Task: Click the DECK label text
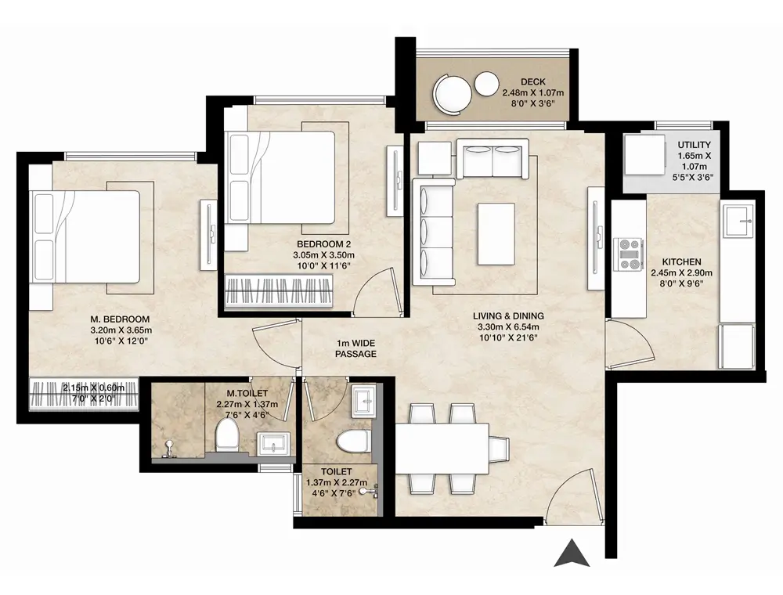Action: (532, 82)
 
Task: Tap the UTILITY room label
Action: (694, 145)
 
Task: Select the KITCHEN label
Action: (682, 262)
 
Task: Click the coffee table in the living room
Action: (496, 233)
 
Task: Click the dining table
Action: (442, 449)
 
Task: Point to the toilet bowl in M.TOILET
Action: (227, 434)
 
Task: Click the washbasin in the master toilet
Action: (273, 444)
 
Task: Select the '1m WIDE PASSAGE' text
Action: (355, 348)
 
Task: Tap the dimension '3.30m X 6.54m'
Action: (508, 327)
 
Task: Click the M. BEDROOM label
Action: (120, 319)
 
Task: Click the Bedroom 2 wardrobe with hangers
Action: (280, 290)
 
